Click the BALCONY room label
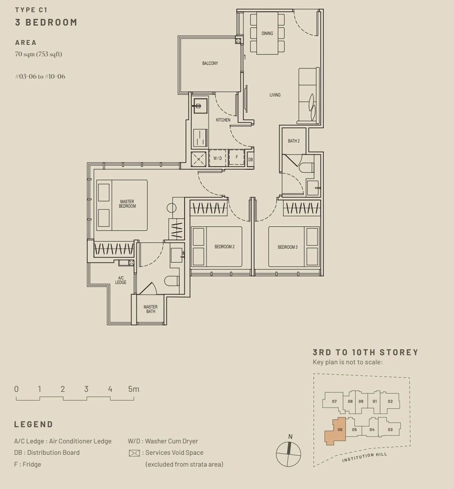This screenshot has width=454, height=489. [210, 63]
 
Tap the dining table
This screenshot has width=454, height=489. [267, 33]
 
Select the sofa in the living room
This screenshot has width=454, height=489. [308, 96]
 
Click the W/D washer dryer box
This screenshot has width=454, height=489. [218, 158]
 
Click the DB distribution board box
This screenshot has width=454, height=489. [250, 160]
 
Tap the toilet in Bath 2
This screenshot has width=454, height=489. [307, 167]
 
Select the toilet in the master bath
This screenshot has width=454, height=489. [172, 281]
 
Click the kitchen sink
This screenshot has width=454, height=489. [200, 106]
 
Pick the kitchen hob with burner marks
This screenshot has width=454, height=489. [200, 138]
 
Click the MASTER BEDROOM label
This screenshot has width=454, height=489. [127, 204]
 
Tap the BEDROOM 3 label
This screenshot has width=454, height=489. [288, 247]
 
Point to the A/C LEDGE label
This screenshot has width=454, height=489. [121, 280]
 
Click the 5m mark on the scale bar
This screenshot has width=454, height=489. [133, 389]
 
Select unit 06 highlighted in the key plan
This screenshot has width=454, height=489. [336, 431]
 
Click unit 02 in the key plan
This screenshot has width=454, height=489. [390, 401]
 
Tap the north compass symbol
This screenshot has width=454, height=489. [288, 453]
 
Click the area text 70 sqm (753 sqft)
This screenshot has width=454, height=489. [39, 54]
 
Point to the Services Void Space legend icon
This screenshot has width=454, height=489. [134, 453]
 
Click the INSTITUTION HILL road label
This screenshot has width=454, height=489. [364, 457]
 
